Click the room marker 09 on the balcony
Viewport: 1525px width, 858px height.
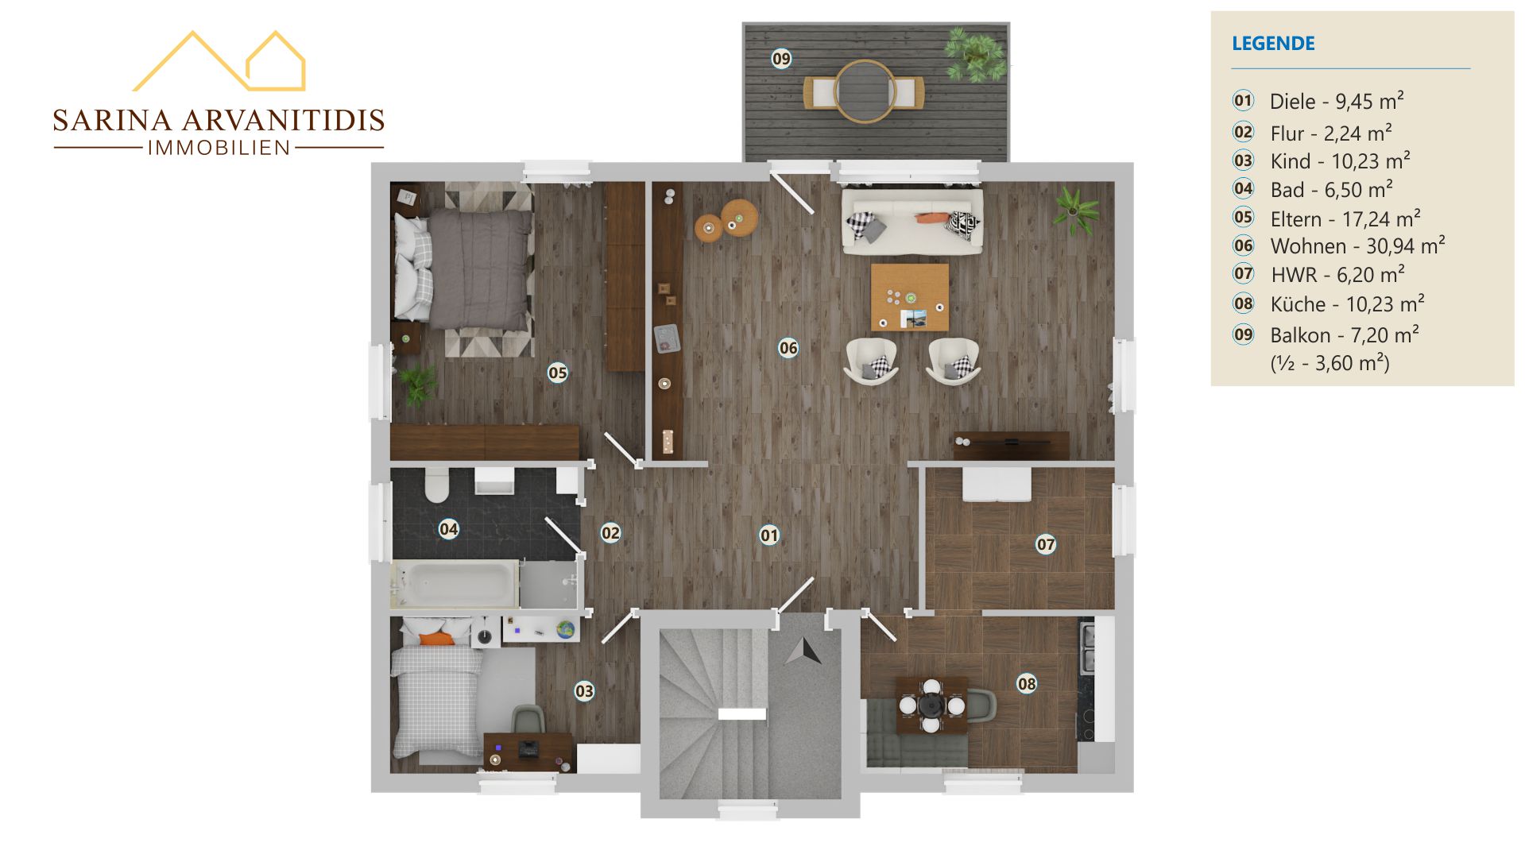(x=781, y=58)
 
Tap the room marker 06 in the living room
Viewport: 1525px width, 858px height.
(x=788, y=347)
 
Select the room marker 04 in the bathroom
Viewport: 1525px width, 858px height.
(x=448, y=528)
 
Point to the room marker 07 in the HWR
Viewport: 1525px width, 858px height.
(x=1045, y=543)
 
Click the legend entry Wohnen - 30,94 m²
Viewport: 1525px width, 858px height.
(x=1357, y=246)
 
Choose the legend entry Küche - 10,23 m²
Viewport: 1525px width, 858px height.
(x=1347, y=303)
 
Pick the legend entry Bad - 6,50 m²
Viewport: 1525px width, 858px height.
(x=1331, y=189)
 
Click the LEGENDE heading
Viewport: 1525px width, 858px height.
(x=1273, y=43)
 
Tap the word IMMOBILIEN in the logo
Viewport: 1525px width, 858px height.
(x=219, y=148)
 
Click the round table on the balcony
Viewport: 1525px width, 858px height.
(x=865, y=91)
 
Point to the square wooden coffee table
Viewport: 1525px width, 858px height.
(x=910, y=297)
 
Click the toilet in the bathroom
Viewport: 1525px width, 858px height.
(x=436, y=485)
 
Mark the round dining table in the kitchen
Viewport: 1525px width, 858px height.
(x=930, y=705)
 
